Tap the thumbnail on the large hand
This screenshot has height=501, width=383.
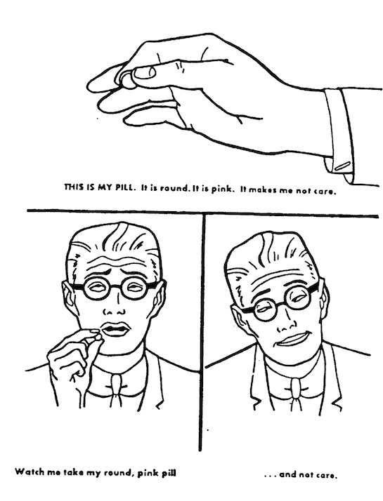pyautogui.click(x=144, y=73)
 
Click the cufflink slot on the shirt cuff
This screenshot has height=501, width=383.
pyautogui.click(x=342, y=166)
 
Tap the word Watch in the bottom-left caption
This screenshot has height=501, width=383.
pyautogui.click(x=27, y=472)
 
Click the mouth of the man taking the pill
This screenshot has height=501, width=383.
pyautogui.click(x=115, y=329)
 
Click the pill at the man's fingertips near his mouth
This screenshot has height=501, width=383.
pyautogui.click(x=98, y=337)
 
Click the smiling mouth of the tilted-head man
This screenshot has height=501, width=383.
pyautogui.click(x=292, y=339)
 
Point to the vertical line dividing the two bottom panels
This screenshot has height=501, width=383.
pyautogui.click(x=202, y=333)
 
